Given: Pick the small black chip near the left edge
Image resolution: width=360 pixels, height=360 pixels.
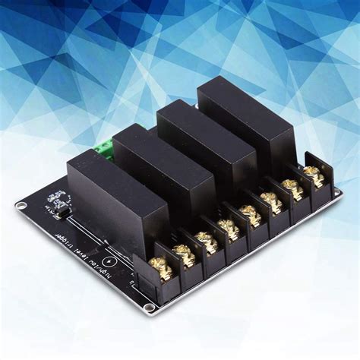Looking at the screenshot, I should click(61, 204).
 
